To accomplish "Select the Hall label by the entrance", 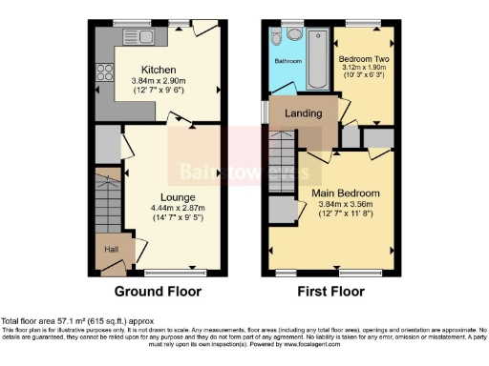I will point(110,250).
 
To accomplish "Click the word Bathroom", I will point(288,60).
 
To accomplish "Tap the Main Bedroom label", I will point(346,193).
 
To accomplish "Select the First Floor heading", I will point(333,291).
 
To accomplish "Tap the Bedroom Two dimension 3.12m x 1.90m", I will point(366,69).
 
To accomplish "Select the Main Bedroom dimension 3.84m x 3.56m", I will point(346,205).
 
